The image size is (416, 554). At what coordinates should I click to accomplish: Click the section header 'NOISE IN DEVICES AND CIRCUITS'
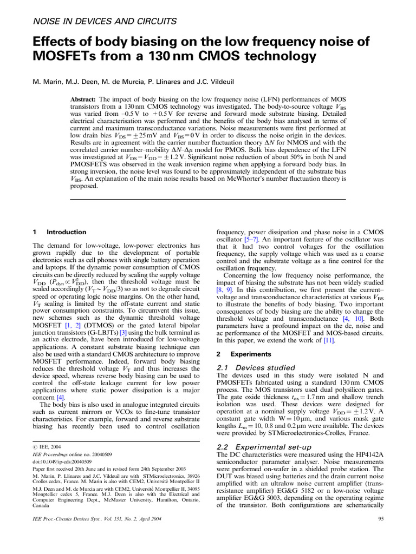105,22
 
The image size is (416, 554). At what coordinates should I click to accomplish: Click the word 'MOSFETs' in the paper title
71,56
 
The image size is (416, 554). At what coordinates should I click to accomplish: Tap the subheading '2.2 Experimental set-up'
264,447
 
